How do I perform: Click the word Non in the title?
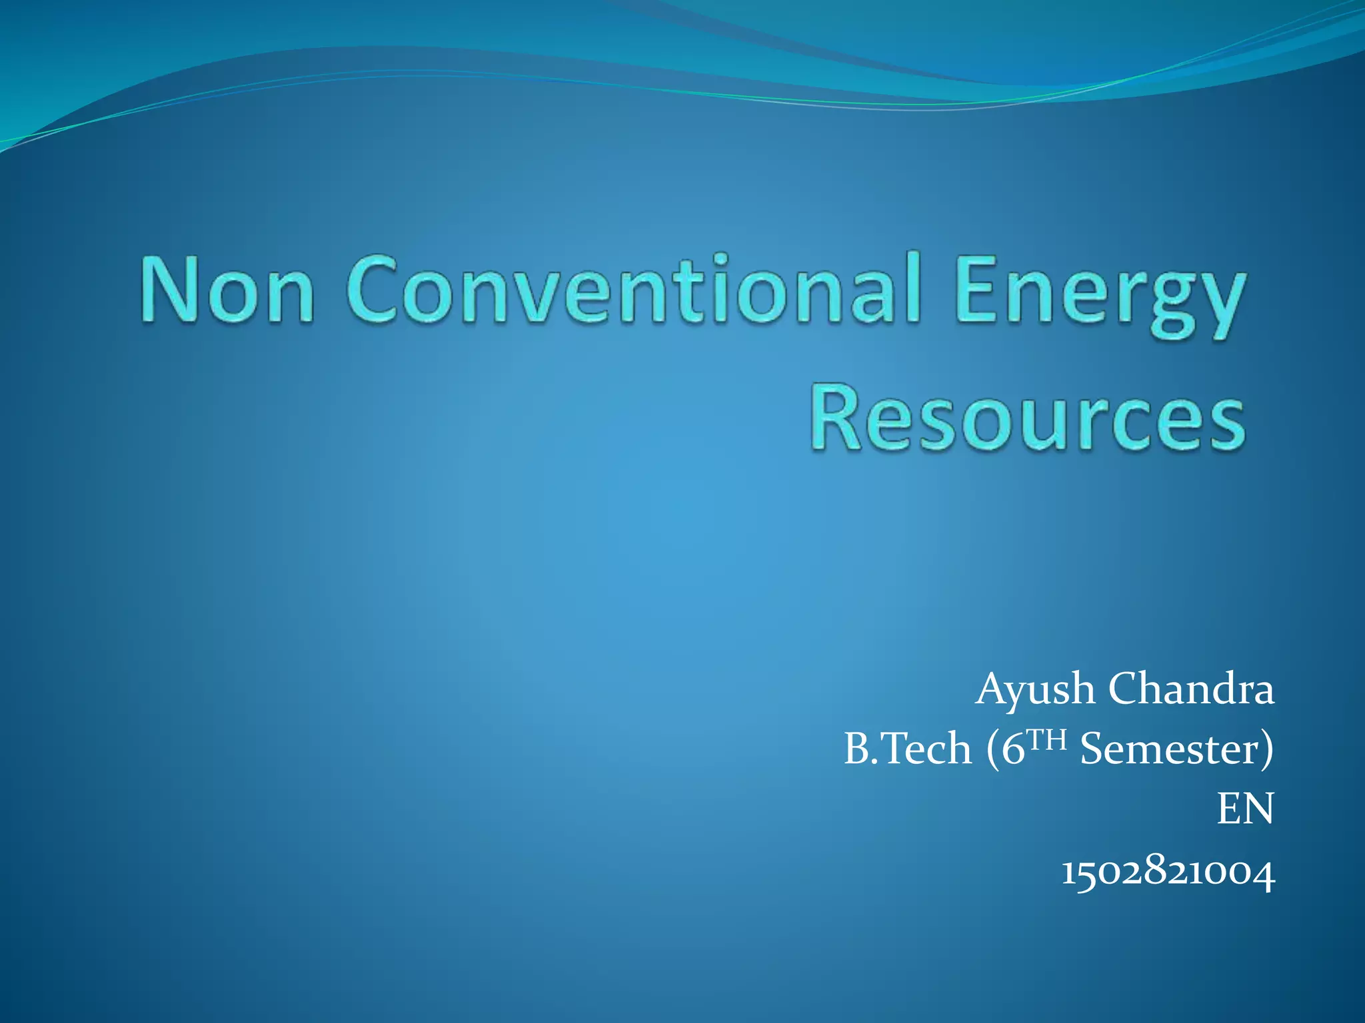(x=227, y=290)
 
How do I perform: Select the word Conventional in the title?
(x=633, y=290)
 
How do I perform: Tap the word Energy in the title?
(x=1099, y=296)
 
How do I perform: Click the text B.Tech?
(x=907, y=749)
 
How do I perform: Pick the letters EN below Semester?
(x=1245, y=809)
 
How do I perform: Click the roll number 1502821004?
(x=1168, y=872)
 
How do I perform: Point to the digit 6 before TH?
(x=1012, y=749)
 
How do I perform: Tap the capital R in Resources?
(x=836, y=418)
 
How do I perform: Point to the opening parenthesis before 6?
(x=992, y=750)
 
